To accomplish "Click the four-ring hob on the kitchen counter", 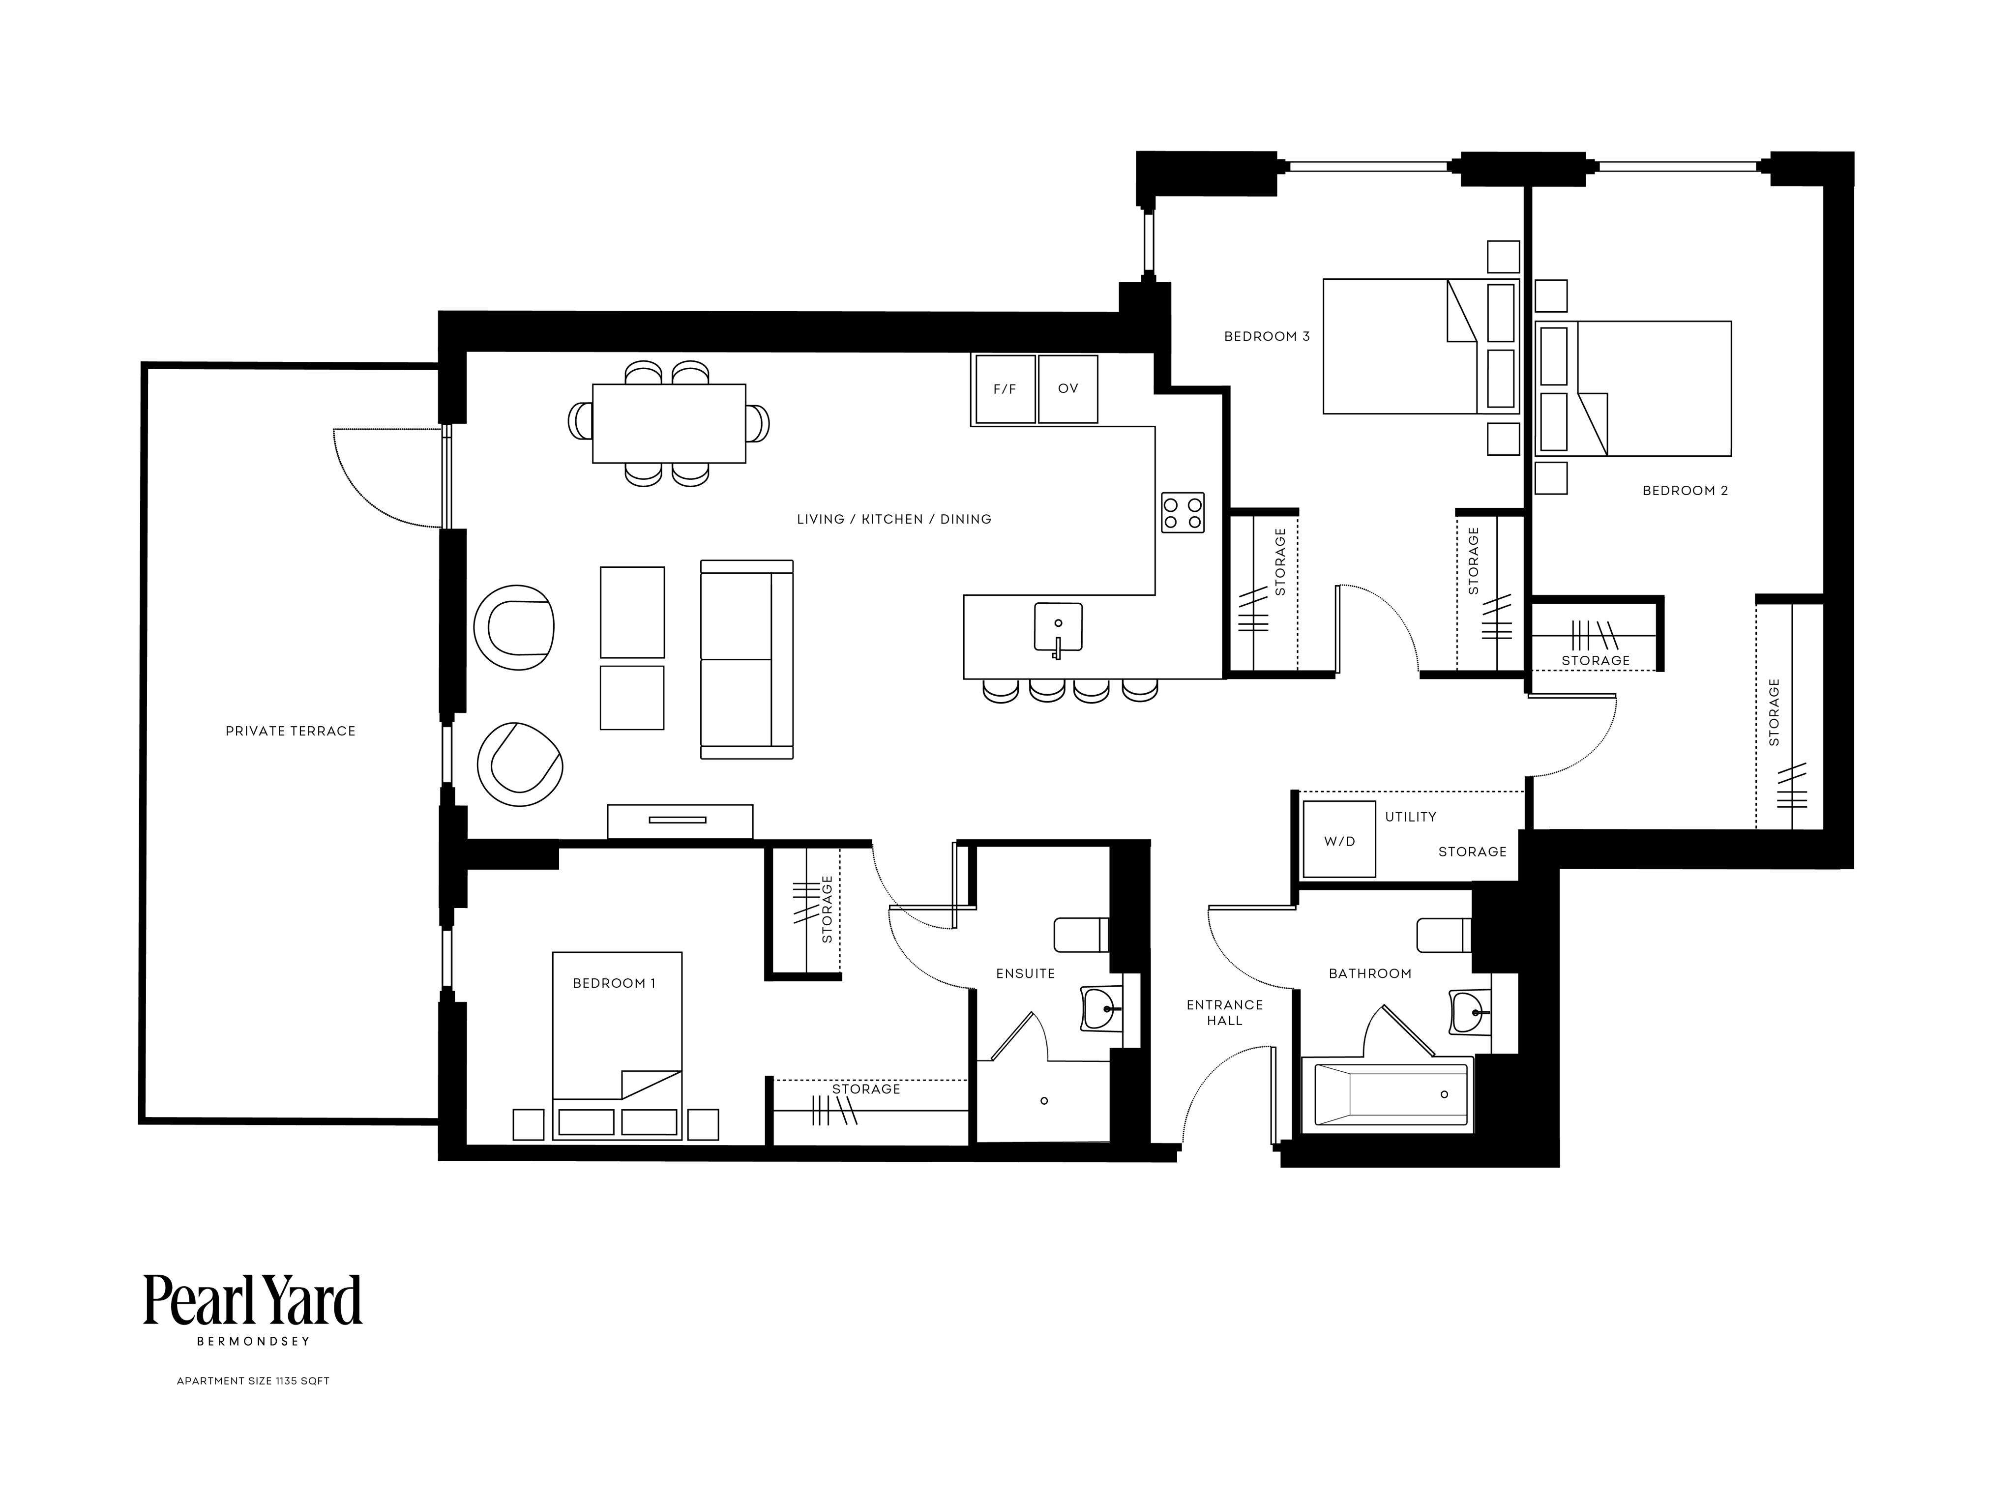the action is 1183,513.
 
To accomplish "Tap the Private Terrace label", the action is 291,731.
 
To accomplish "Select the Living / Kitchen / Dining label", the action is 894,519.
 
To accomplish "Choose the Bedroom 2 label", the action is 1686,491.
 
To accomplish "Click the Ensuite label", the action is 1026,973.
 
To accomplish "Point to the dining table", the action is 669,423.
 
